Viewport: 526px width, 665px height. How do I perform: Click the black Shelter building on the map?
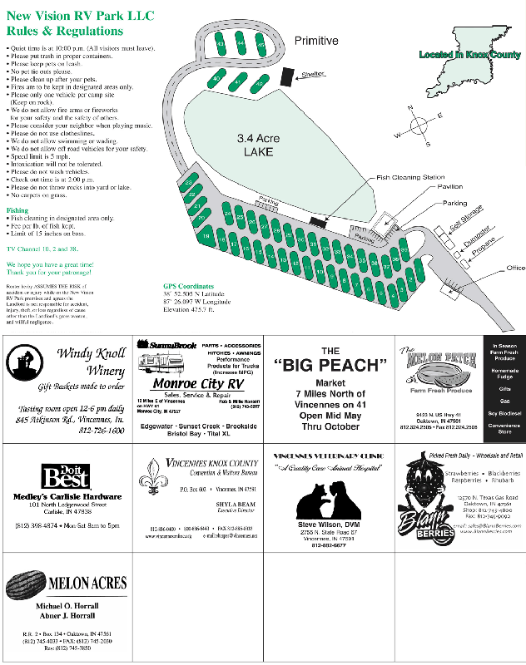288,76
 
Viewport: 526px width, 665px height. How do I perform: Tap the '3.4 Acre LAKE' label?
254,145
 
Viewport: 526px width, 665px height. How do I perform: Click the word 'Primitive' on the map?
316,41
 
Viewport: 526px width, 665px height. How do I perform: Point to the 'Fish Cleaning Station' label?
410,177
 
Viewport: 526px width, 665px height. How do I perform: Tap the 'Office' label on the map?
516,268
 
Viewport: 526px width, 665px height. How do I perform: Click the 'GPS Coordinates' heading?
194,286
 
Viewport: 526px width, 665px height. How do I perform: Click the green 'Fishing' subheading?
17,210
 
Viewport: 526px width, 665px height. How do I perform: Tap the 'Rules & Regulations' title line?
65,31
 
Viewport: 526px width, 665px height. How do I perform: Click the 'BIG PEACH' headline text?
331,366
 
